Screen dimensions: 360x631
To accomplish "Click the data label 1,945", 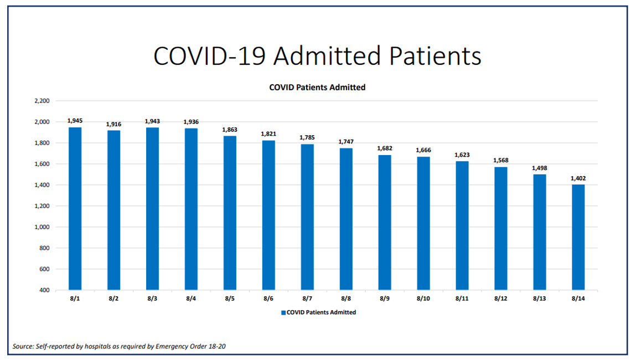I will (75, 120).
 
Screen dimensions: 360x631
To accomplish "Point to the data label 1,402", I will (578, 178).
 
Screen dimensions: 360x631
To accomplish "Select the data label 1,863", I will (230, 129).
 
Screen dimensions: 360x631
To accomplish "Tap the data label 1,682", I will (385, 148).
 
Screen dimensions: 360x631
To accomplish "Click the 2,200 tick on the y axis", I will (42, 101).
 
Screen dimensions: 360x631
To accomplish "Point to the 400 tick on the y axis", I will (44, 290).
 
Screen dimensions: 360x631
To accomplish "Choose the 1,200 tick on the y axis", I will (42, 206).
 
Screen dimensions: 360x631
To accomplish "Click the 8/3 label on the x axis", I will (152, 299).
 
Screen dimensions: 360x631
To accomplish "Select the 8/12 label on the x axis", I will (500, 299).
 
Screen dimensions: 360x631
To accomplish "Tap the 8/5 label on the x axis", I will (230, 299).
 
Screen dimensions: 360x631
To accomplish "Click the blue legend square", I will (283, 312).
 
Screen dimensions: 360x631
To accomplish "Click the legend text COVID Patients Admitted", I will (321, 312).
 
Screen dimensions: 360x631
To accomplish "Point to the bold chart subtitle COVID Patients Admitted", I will (317, 87).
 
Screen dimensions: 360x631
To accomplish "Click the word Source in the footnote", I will (23, 347).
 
